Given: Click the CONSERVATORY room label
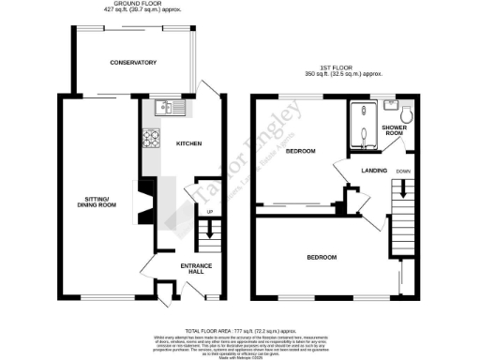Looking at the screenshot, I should [x=132, y=62].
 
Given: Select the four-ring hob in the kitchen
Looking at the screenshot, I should [x=151, y=138].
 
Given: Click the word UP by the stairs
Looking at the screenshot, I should [x=209, y=213].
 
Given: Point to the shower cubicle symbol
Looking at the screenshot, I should [x=363, y=127].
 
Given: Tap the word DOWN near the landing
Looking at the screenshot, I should [x=404, y=171].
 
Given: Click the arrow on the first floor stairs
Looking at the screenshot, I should [x=404, y=187].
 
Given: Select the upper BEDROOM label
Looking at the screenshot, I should [x=300, y=151].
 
